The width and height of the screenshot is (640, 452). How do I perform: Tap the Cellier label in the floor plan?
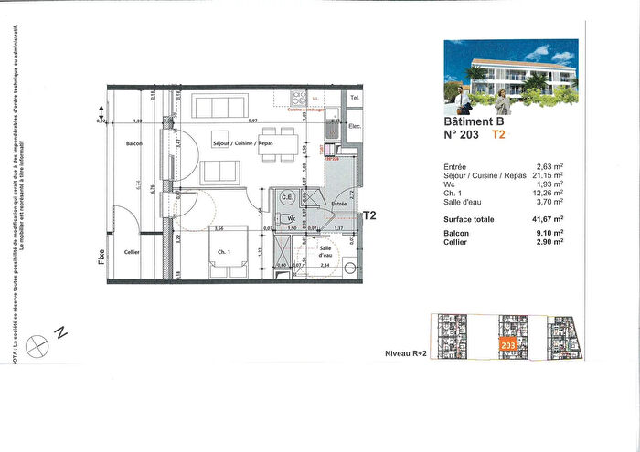(x=132, y=252)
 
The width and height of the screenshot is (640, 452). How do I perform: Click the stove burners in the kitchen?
(x=296, y=99)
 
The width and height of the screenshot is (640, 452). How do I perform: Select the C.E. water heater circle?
(x=286, y=196)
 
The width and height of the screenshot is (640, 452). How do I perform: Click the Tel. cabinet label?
(x=355, y=97)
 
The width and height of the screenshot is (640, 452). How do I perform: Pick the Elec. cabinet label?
(x=356, y=127)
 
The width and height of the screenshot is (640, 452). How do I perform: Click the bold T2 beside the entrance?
(x=370, y=216)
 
